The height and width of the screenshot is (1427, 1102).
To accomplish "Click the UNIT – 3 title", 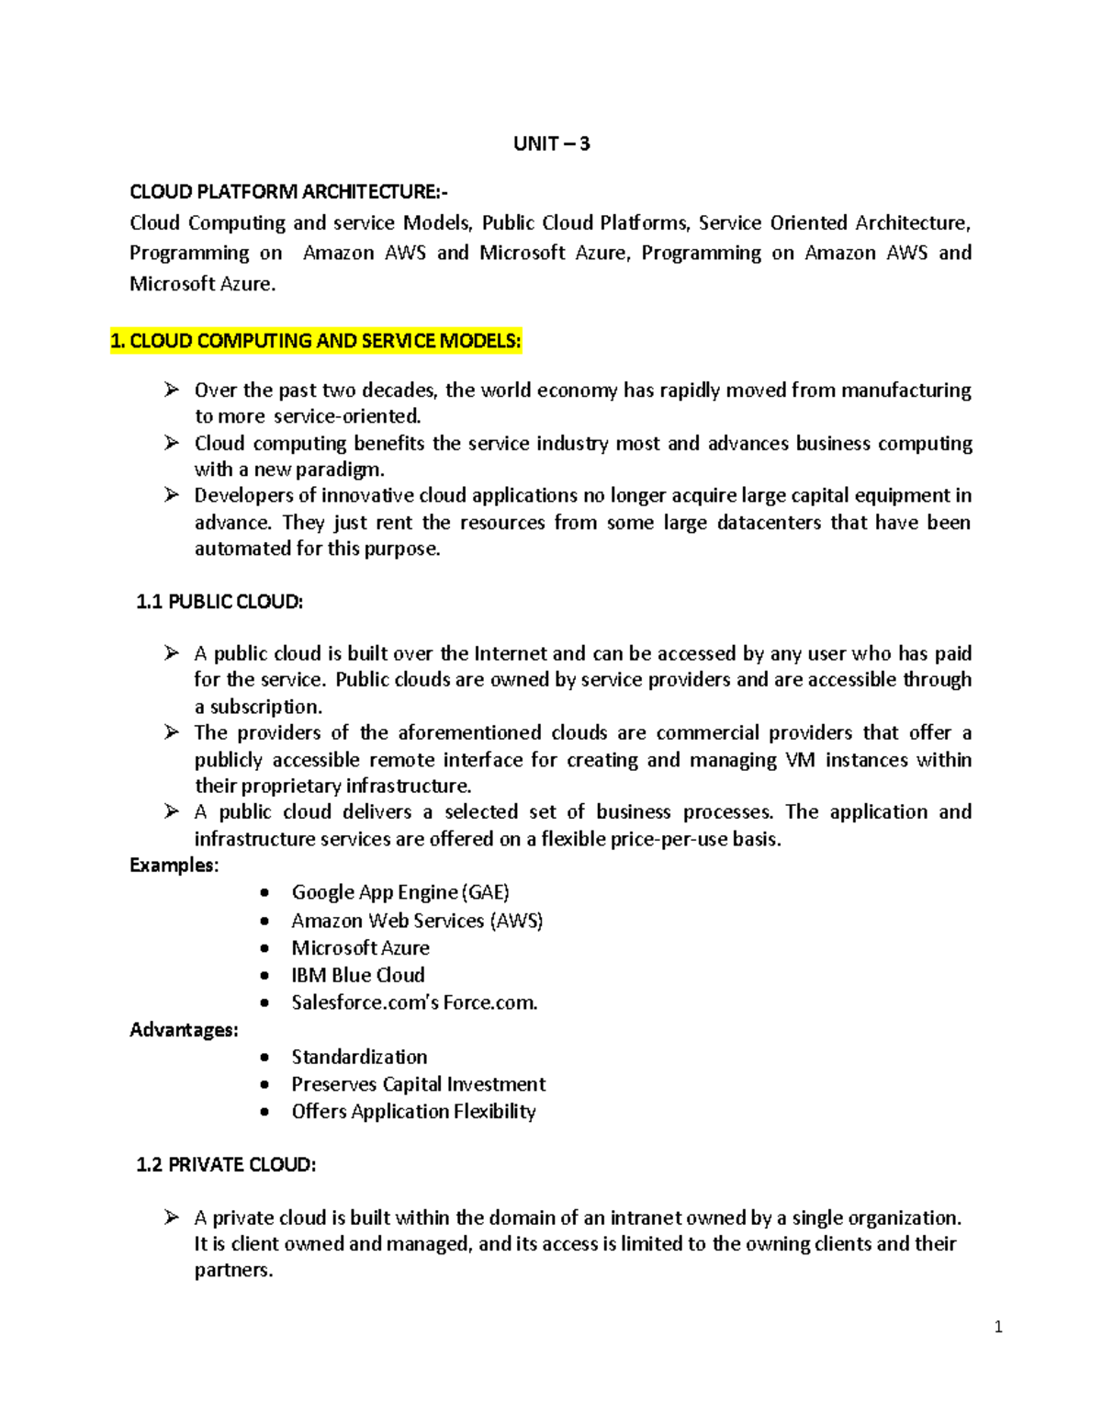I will [551, 143].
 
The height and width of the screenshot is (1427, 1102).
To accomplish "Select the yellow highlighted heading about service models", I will [316, 341].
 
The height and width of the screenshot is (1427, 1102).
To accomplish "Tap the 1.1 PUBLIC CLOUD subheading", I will [219, 602].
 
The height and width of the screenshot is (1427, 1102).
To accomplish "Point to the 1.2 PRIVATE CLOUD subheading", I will [226, 1164].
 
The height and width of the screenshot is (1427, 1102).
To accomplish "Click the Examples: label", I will [174, 865].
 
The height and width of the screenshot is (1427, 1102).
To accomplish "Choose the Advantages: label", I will [184, 1029].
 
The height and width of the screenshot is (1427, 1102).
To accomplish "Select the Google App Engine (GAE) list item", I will [400, 892].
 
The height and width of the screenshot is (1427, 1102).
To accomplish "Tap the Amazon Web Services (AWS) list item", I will [417, 920].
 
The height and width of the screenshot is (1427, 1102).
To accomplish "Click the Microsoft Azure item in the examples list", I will [360, 947].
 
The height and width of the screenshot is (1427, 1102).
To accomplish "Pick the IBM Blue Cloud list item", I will [358, 975].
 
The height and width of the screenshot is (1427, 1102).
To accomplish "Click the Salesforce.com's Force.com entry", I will [414, 1002].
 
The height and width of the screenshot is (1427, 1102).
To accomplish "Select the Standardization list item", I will [359, 1057].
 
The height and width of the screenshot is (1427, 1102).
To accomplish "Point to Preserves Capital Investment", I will [419, 1084].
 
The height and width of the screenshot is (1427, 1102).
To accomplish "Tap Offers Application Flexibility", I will [413, 1111].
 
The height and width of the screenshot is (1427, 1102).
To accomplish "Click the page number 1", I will [998, 1327].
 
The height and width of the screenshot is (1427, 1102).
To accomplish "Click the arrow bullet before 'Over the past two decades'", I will [172, 391].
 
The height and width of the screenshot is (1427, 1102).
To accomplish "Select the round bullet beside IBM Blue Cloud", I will [264, 976].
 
